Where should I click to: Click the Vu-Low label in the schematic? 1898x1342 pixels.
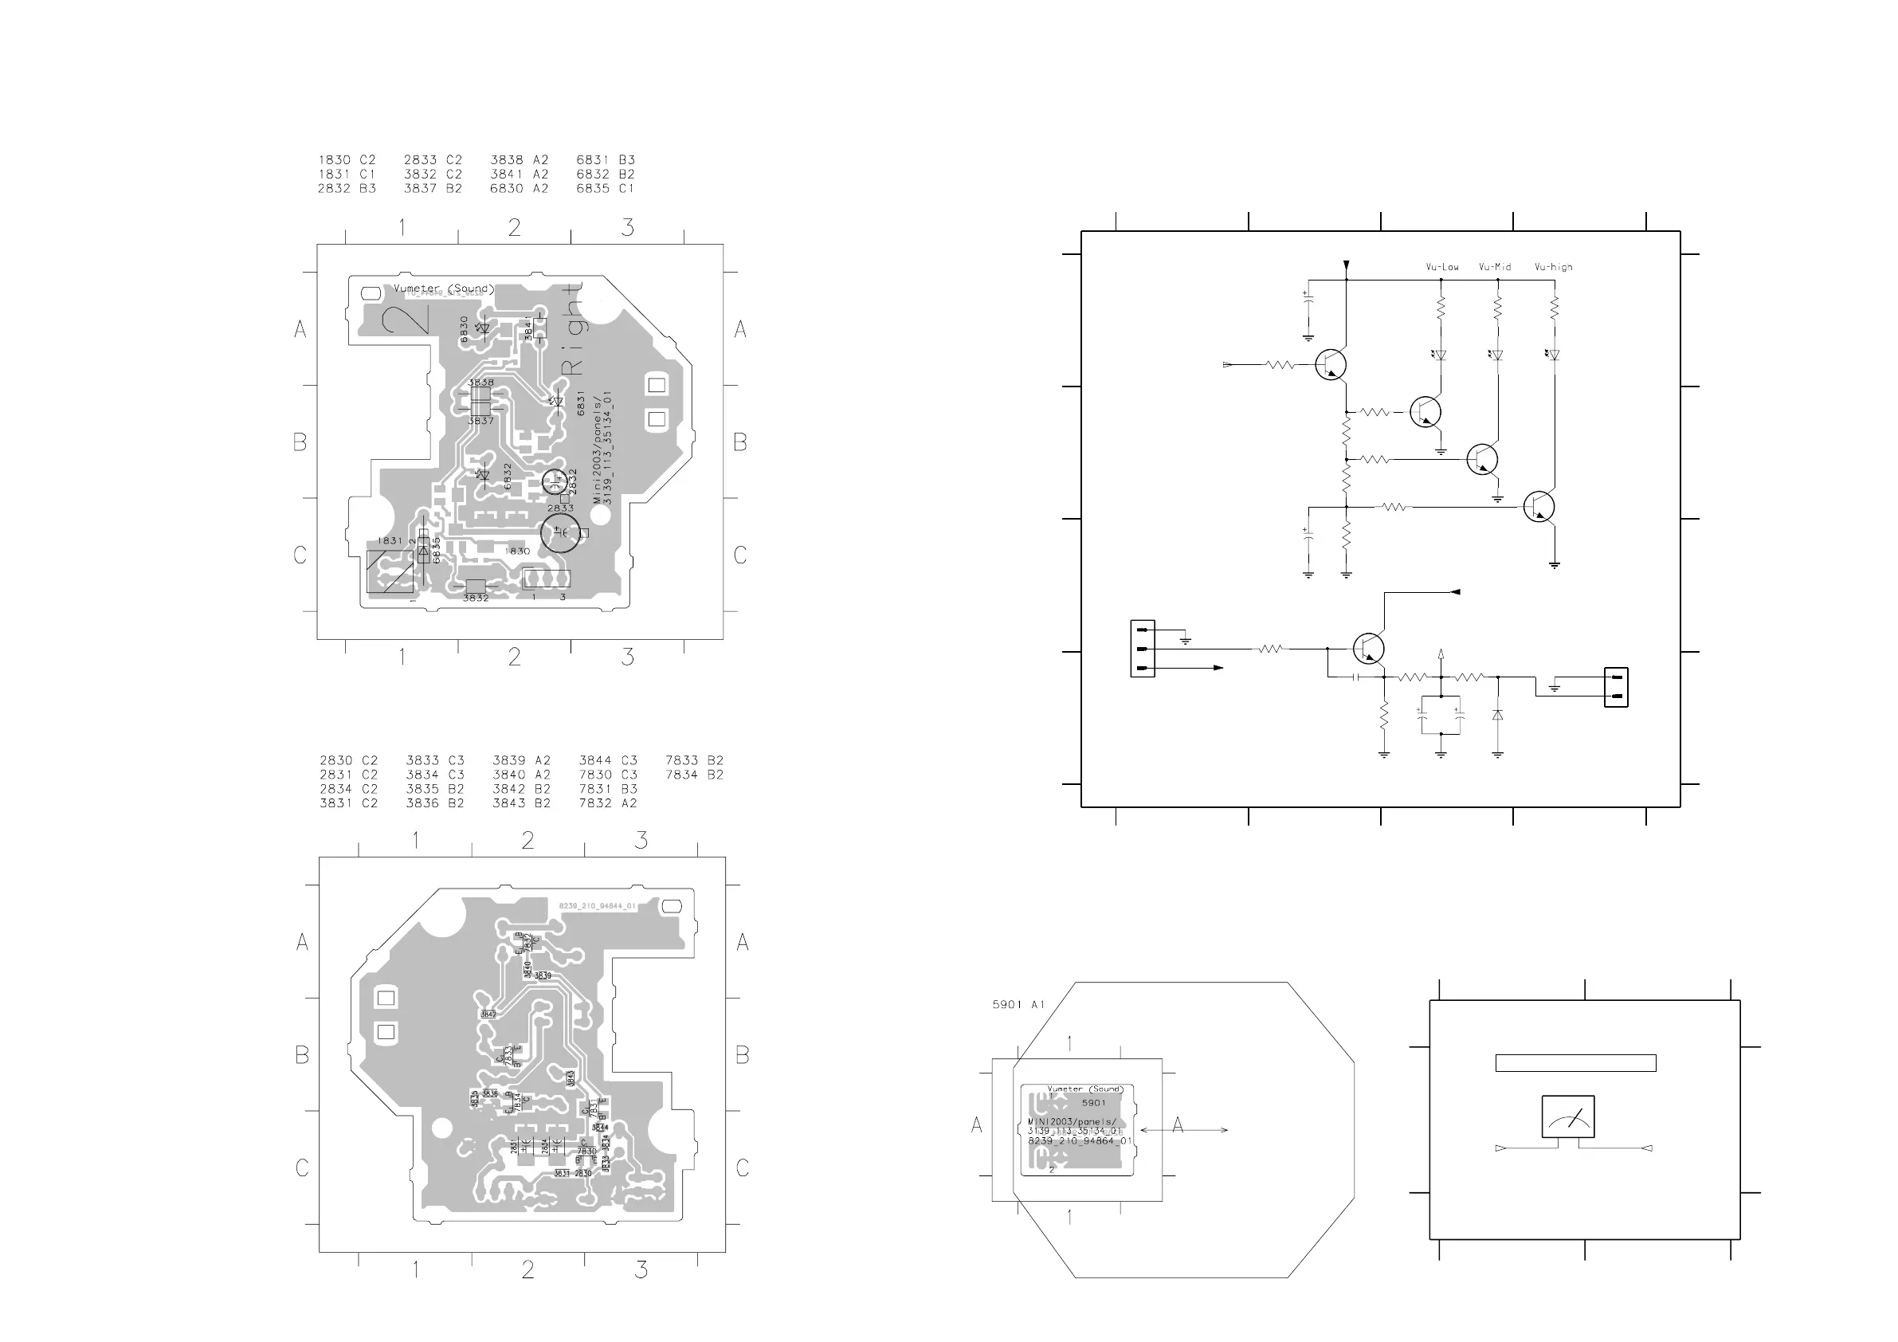click(x=1441, y=267)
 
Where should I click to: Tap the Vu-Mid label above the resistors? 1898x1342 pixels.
click(x=1495, y=267)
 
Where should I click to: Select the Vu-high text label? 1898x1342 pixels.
click(x=1553, y=267)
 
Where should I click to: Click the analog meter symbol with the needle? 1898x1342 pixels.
click(x=1567, y=1116)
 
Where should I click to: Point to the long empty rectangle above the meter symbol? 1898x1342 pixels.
click(x=1574, y=1062)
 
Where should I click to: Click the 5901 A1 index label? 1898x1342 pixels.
click(x=1018, y=1005)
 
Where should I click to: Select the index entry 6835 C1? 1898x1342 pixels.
click(x=605, y=189)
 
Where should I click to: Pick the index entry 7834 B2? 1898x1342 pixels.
click(x=693, y=775)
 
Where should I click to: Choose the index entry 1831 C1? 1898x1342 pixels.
click(x=347, y=175)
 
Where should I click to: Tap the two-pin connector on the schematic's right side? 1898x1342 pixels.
click(x=1615, y=687)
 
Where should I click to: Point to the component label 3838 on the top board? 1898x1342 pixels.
click(x=480, y=383)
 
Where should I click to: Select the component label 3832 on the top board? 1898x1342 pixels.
click(x=476, y=598)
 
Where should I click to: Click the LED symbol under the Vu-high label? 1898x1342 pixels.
click(x=1553, y=355)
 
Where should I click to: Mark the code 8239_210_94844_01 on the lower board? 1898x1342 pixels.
click(x=597, y=906)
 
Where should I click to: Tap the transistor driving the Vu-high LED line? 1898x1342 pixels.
click(x=1539, y=506)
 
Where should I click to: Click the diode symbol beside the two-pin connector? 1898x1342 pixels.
click(x=1497, y=714)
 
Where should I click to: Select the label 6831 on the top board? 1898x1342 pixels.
click(x=581, y=402)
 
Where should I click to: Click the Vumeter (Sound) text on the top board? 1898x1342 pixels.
click(x=443, y=288)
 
